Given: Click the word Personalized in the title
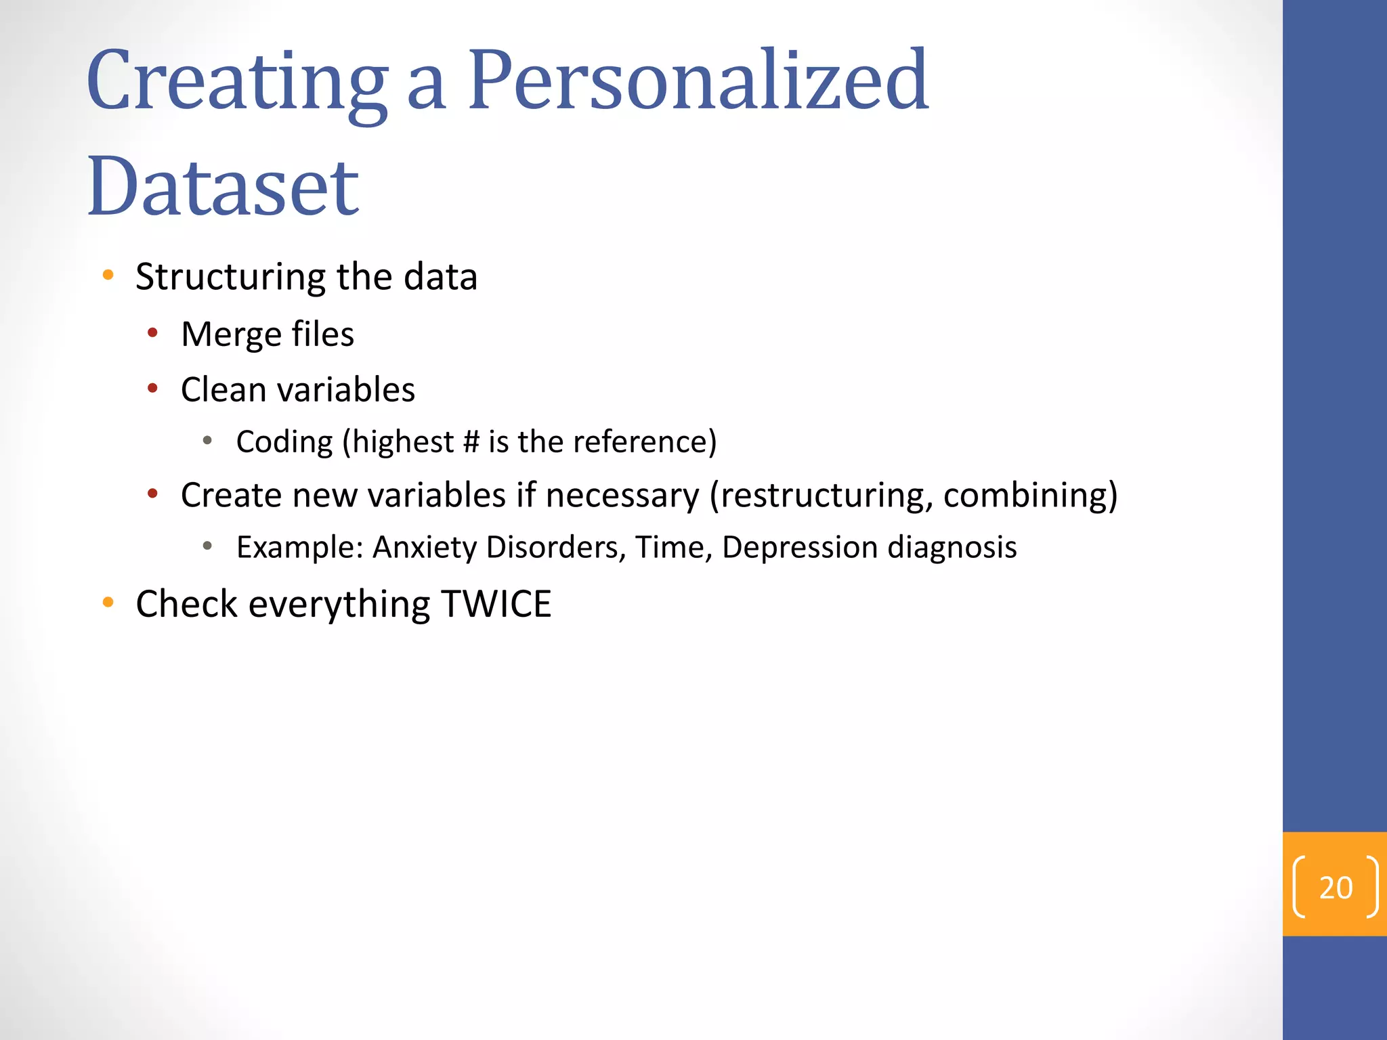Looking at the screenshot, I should (x=698, y=81).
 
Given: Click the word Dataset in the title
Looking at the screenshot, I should (x=223, y=186).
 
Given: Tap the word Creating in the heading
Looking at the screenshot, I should (x=237, y=81).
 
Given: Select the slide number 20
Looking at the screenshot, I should (x=1336, y=888).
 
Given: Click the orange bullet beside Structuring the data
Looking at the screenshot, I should (x=108, y=275).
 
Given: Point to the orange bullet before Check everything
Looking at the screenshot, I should (x=108, y=602).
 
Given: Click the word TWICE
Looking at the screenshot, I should (x=496, y=604).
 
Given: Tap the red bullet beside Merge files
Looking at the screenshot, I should (x=153, y=332).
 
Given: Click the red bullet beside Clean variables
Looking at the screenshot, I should (x=153, y=388).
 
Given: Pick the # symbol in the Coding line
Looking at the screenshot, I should (x=471, y=442).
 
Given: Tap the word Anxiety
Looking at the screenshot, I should (x=425, y=547).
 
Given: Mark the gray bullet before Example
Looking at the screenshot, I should (x=208, y=546).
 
